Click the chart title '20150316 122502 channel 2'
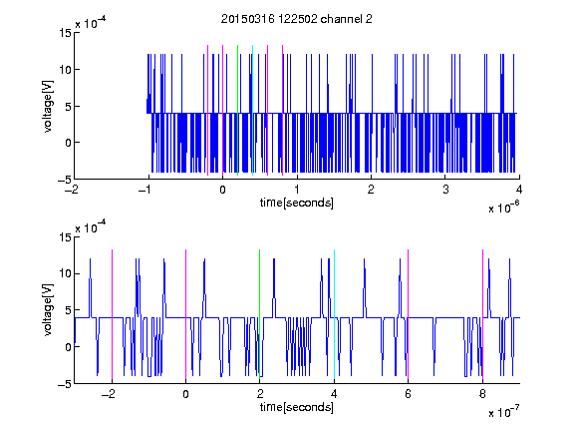[x=297, y=19]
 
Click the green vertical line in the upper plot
[x=237, y=110]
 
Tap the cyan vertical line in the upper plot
[x=252, y=110]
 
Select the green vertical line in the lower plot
[x=259, y=314]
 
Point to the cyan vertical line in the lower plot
[x=334, y=314]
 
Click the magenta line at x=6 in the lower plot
[x=409, y=314]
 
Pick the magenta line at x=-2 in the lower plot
[x=112, y=314]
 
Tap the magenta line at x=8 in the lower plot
[x=483, y=314]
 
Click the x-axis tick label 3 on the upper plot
[x=445, y=190]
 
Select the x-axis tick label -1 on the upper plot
[x=145, y=190]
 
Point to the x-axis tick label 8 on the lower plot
[x=482, y=394]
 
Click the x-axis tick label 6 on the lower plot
[x=409, y=394]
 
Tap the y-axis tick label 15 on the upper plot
[x=66, y=33]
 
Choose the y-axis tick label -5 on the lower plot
[x=65, y=384]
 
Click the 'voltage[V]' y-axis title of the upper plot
[x=48, y=106]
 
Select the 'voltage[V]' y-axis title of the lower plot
[x=48, y=310]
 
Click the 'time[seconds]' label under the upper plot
[x=297, y=203]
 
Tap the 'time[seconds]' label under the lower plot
[x=297, y=407]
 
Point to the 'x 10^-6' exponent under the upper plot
[x=503, y=208]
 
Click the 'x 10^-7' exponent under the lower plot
[x=503, y=412]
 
